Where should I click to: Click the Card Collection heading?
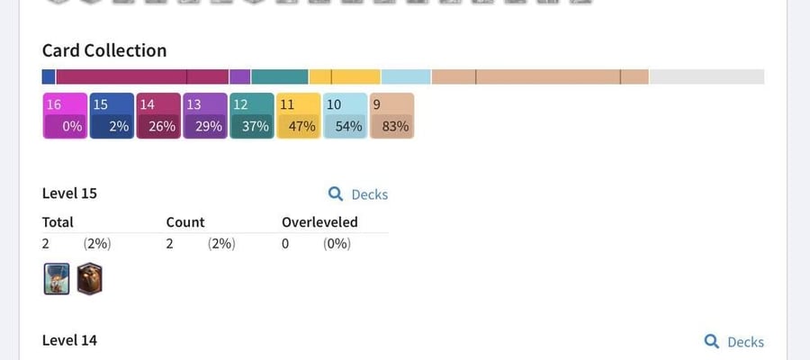pos(104,50)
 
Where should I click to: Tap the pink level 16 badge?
pos(65,116)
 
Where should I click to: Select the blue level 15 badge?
pos(112,116)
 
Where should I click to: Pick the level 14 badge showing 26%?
pos(158,116)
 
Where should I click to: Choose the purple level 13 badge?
pos(205,116)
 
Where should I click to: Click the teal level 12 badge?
pos(252,116)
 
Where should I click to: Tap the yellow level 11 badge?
pos(299,116)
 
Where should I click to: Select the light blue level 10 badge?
pos(345,116)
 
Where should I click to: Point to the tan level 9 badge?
pos(392,116)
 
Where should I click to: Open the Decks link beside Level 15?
pos(358,194)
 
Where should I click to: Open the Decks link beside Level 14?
pos(734,342)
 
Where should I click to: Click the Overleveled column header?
pos(319,222)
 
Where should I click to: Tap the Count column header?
pos(185,222)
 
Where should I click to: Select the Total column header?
pos(58,222)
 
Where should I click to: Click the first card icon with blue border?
pos(57,279)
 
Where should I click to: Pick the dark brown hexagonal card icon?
pos(90,279)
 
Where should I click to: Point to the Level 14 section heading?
pos(69,340)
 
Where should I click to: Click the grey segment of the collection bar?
pos(706,76)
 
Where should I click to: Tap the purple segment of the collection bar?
pos(239,76)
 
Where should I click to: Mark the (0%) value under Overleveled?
pos(337,244)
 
